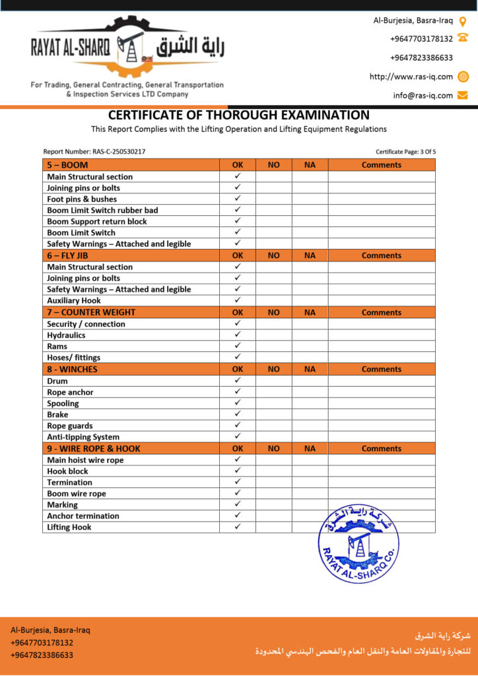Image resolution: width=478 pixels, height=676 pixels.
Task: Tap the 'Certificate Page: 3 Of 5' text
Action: (x=405, y=152)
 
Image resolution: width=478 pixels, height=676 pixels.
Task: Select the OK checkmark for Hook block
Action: (x=238, y=471)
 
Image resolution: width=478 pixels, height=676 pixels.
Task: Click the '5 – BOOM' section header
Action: (x=67, y=165)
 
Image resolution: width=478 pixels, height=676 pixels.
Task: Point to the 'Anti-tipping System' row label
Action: (x=83, y=437)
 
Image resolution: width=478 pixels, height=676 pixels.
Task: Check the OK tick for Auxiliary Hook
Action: (x=238, y=300)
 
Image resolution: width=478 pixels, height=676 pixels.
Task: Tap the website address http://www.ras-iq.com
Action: (x=411, y=77)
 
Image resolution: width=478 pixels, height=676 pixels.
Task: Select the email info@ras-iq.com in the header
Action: (x=423, y=95)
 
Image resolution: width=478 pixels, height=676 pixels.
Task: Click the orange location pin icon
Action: (x=463, y=20)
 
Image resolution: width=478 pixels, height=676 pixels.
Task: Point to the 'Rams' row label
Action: (x=57, y=346)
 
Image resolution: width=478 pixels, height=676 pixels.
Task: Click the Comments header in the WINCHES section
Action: (x=381, y=370)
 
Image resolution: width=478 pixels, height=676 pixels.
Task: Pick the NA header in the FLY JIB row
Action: (x=310, y=255)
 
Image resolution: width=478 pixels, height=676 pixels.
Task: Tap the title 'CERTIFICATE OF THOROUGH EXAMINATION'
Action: (x=239, y=116)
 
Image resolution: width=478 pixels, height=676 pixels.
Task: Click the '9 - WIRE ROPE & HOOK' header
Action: (x=93, y=448)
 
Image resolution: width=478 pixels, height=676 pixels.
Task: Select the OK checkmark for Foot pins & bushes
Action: (x=238, y=199)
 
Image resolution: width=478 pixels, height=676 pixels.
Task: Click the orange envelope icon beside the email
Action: (x=463, y=95)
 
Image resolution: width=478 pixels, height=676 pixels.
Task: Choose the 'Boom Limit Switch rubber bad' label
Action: (x=102, y=210)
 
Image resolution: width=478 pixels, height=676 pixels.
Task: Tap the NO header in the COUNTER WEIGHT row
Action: (x=273, y=312)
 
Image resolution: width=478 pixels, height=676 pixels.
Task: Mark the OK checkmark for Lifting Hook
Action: (x=238, y=527)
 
